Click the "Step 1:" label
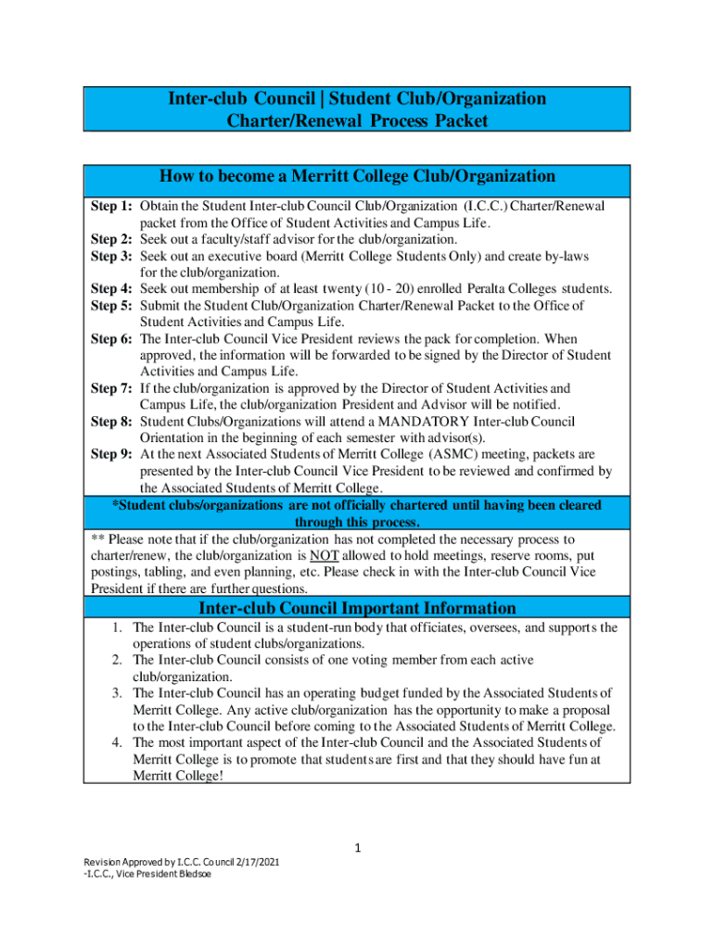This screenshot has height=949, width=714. tap(111, 206)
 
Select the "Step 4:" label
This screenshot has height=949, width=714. tap(111, 289)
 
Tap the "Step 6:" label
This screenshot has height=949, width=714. tap(111, 339)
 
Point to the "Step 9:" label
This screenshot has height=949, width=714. tap(111, 454)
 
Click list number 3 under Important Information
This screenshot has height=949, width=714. tap(118, 693)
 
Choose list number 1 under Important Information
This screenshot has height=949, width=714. tap(118, 628)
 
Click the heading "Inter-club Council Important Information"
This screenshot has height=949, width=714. tap(357, 608)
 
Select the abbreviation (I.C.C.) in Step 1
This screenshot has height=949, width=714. tap(488, 206)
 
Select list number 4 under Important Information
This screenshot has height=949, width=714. tap(118, 743)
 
